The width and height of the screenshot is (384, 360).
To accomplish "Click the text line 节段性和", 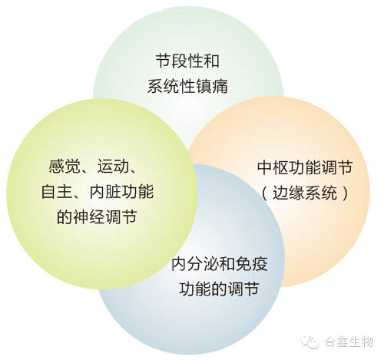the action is [x=187, y=61].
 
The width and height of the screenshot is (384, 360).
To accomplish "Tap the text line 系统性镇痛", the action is [x=187, y=85].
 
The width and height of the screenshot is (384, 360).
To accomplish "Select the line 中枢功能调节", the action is [x=305, y=168].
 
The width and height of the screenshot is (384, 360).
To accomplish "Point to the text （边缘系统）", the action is [x=305, y=193].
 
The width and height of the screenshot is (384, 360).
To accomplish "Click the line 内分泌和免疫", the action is [x=220, y=264].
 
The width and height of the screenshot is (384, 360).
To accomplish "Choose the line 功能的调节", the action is [x=219, y=289].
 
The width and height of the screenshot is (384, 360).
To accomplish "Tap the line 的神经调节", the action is [x=97, y=217].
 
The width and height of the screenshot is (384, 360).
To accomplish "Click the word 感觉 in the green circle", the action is [x=65, y=167].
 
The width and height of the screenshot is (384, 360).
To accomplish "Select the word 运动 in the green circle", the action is [x=113, y=167].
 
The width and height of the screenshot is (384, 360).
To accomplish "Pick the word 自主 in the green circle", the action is [x=57, y=192].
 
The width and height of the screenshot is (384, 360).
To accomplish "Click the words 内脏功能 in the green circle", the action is [x=121, y=192].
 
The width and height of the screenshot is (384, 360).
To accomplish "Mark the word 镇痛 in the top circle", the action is [x=212, y=85].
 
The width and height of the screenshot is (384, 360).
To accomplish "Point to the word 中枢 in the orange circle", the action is [x=273, y=168].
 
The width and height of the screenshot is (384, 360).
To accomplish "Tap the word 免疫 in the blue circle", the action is [x=252, y=264].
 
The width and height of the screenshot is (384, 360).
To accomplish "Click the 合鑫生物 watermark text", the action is [x=349, y=342].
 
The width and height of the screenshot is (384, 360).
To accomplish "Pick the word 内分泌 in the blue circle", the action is [x=195, y=264].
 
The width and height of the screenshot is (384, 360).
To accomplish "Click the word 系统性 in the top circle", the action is [x=171, y=85].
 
